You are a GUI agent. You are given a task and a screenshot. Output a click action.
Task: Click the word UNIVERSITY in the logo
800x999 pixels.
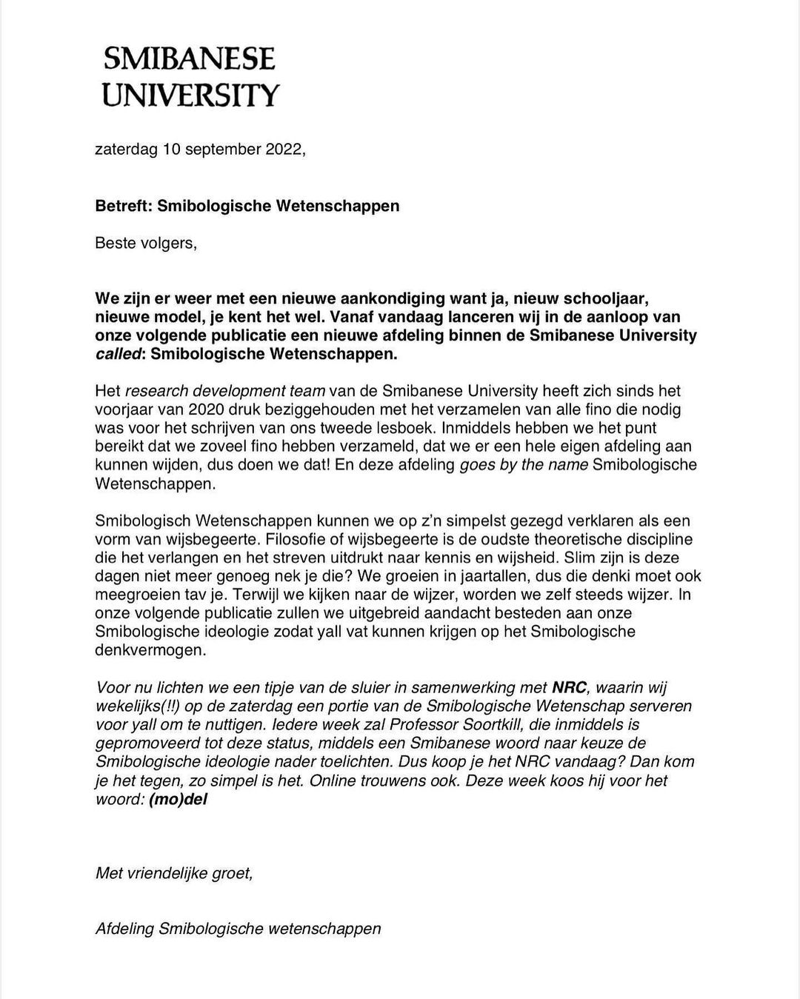coord(190,95)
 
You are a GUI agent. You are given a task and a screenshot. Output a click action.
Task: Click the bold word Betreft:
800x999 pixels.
coord(124,206)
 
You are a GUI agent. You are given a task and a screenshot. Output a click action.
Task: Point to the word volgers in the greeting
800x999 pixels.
coord(168,243)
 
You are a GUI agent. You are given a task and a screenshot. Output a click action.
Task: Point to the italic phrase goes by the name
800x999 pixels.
coord(525,465)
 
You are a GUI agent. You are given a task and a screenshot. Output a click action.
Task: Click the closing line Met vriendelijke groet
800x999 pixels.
coord(174,874)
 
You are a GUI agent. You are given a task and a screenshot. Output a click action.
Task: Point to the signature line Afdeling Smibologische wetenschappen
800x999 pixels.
coord(238,929)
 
